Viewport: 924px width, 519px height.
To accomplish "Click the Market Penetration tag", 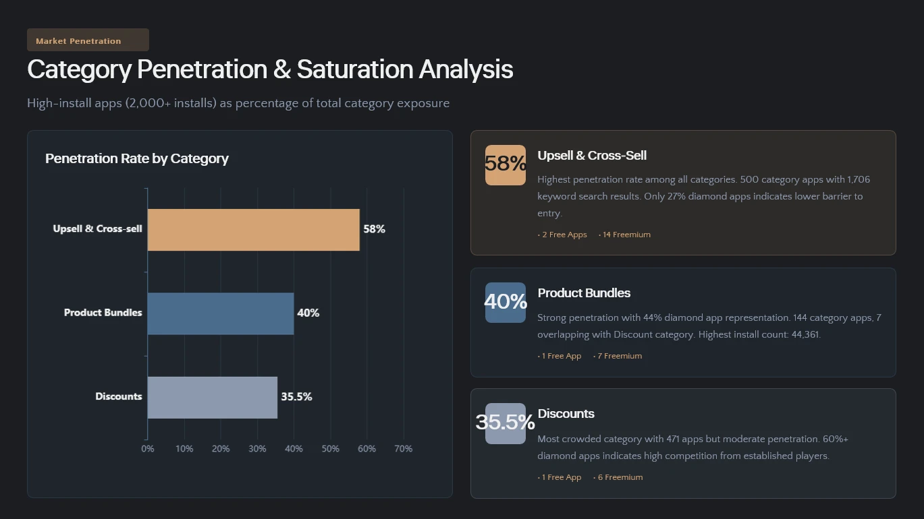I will [x=88, y=40].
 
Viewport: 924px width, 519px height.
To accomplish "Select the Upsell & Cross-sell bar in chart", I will [x=253, y=230].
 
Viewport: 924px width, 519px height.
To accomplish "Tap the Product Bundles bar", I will [x=221, y=313].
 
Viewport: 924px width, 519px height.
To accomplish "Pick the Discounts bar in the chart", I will [x=212, y=397].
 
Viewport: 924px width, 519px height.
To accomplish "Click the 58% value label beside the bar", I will [x=374, y=229].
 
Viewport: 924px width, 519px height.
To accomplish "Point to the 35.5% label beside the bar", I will [x=296, y=397].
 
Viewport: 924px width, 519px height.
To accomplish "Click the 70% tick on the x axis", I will [x=403, y=449].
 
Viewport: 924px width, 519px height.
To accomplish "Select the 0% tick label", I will [x=147, y=449].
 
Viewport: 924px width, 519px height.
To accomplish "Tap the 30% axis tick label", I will [x=257, y=449].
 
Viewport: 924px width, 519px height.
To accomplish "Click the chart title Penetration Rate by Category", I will [x=137, y=158].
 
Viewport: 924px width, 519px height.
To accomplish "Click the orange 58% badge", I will [x=506, y=164].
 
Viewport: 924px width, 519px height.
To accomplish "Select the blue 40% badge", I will [x=506, y=302].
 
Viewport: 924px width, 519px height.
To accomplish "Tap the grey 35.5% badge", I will [x=506, y=423].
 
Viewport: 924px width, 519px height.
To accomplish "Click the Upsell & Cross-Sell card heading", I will [x=592, y=156].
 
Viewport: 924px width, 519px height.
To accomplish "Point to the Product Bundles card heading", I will [x=584, y=293].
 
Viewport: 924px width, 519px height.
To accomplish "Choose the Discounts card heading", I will [x=566, y=414].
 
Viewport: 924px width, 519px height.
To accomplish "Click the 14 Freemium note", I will [x=626, y=235].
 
